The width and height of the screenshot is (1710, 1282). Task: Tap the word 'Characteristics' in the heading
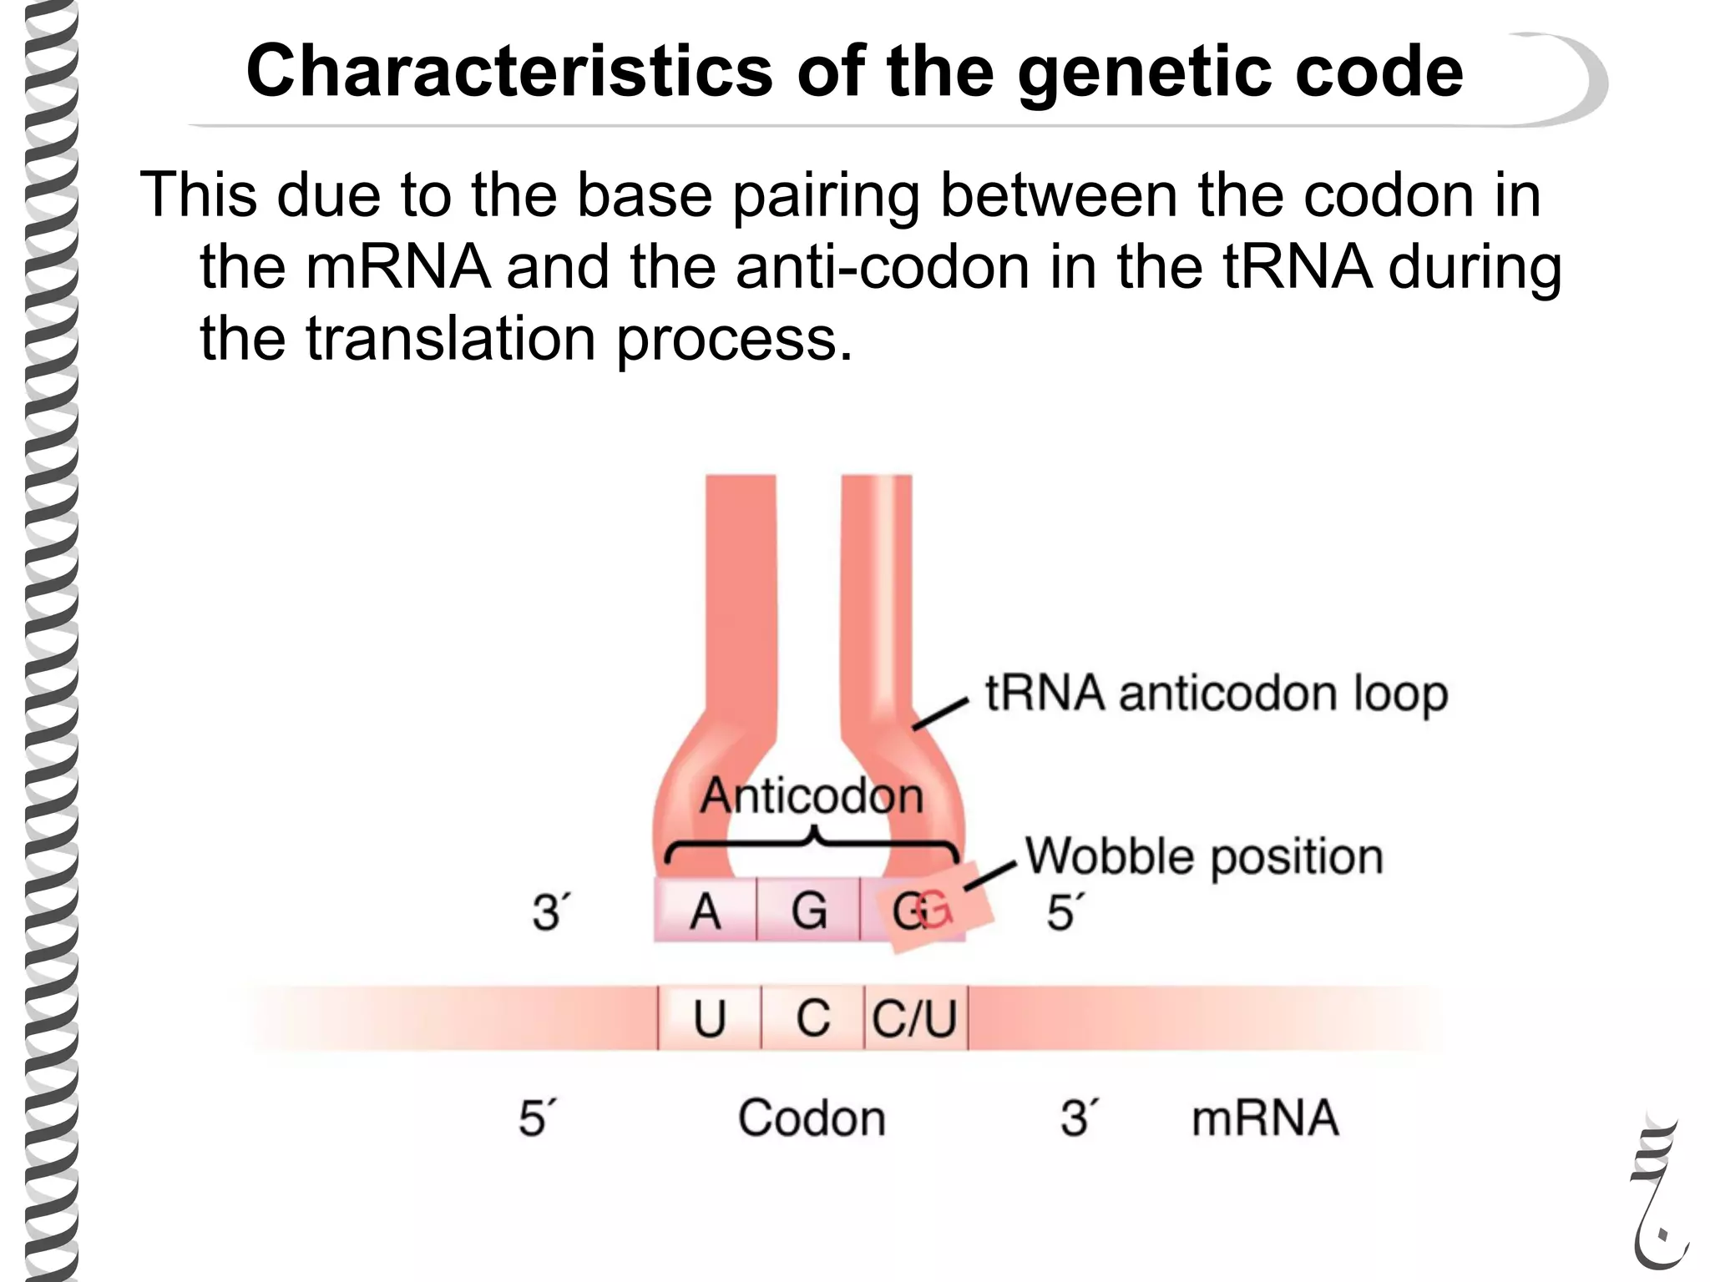(509, 72)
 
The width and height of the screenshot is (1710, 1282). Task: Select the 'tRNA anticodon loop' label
(1216, 694)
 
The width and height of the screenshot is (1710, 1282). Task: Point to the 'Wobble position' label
(1204, 857)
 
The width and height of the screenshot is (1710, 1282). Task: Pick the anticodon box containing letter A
(706, 911)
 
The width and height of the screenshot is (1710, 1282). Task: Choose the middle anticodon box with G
(808, 911)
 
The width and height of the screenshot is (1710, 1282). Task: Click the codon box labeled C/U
(915, 1019)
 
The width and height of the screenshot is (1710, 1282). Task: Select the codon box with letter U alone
(710, 1019)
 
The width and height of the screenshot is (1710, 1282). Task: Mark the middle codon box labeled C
(812, 1019)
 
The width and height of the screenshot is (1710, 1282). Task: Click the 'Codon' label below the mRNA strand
(812, 1118)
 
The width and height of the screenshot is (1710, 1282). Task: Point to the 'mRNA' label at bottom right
(1265, 1118)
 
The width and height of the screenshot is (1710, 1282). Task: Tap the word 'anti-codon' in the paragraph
(882, 267)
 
